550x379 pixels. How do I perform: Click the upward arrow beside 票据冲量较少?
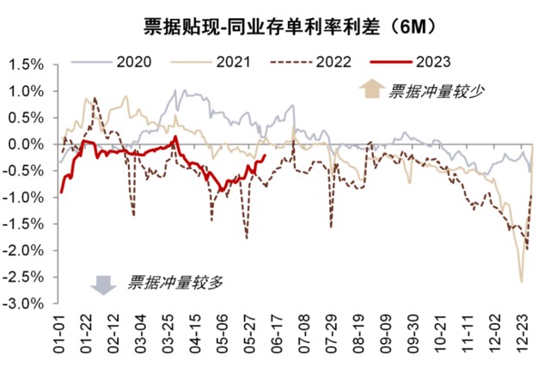click(371, 89)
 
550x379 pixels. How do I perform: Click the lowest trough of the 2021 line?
click(521, 281)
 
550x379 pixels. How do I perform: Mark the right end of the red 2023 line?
click(264, 156)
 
